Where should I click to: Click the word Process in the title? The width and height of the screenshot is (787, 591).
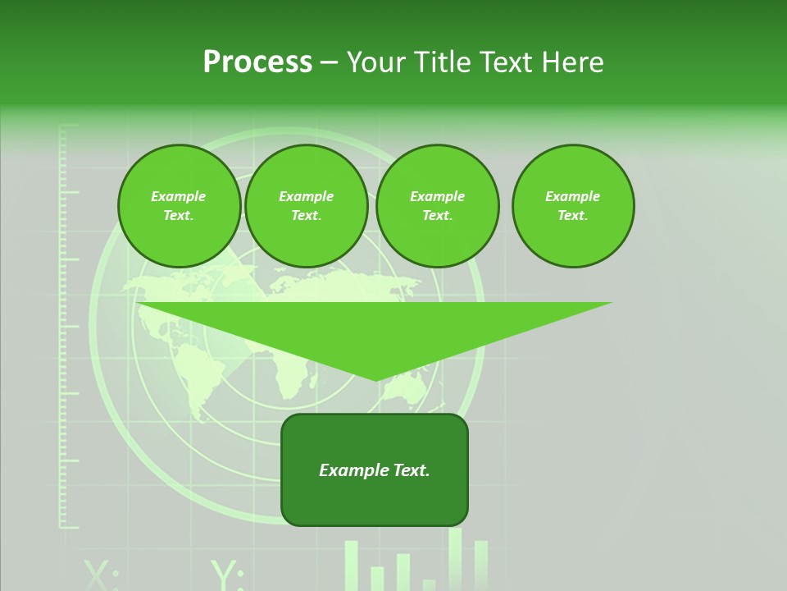[x=257, y=62]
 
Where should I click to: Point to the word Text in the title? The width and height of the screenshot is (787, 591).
[x=510, y=62]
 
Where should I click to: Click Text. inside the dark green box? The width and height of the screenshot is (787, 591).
[x=412, y=470]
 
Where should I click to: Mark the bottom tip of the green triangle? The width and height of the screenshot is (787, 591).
[x=376, y=379]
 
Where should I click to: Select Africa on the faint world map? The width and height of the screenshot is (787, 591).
[x=289, y=373]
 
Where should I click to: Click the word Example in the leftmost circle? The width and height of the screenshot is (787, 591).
[x=179, y=196]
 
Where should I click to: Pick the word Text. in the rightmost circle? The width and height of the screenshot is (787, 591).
[x=573, y=216]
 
